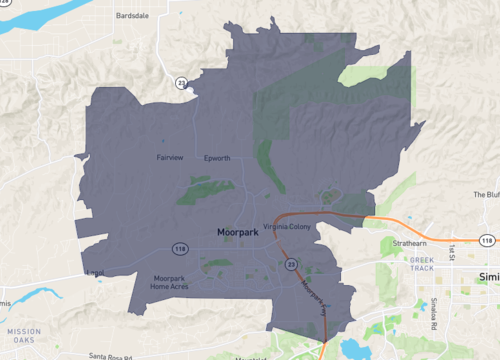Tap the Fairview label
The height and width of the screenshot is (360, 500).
(x=171, y=157)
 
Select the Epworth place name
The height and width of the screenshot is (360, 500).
(x=217, y=157)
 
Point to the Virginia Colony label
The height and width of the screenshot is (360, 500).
(x=288, y=226)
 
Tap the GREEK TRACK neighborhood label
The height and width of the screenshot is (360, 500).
(x=423, y=264)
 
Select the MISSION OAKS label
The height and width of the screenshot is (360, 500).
(x=23, y=335)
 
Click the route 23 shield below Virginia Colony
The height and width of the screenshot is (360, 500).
(x=291, y=263)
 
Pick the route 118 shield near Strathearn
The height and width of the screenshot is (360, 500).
(x=486, y=241)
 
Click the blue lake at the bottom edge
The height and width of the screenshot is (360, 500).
(x=355, y=349)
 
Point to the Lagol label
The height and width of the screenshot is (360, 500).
(x=96, y=271)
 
